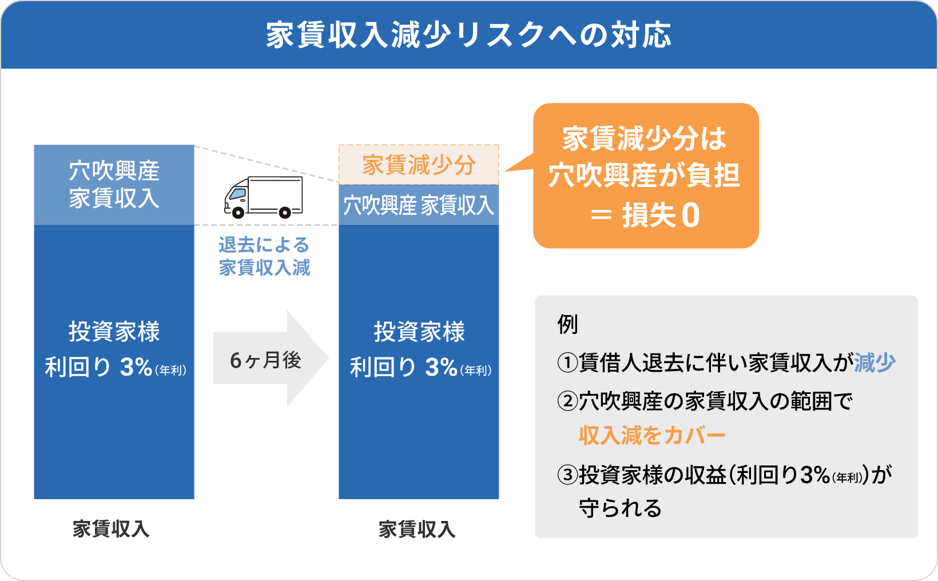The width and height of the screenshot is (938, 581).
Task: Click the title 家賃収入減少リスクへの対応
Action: (468, 35)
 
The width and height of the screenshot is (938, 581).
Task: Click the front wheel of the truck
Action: (238, 213)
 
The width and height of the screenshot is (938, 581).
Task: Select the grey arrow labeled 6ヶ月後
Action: (271, 359)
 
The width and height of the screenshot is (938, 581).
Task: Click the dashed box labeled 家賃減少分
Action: (418, 165)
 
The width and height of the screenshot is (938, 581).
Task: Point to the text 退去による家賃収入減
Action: (264, 256)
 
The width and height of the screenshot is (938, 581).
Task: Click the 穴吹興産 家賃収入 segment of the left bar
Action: (114, 185)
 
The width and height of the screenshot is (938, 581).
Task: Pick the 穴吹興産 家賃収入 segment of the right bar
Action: (418, 205)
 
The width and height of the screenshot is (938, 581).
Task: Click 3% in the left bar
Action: (136, 367)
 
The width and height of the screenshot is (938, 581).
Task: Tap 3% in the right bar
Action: (441, 367)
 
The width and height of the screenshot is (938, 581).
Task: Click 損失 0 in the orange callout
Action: (661, 216)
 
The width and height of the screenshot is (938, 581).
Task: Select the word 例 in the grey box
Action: (567, 324)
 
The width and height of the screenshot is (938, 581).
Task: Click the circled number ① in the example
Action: (567, 363)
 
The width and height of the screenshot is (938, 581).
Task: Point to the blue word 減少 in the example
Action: (875, 363)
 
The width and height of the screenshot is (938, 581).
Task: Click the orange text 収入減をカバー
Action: (652, 435)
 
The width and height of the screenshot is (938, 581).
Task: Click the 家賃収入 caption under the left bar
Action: (111, 529)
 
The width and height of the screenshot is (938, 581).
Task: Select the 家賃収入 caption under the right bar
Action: (417, 529)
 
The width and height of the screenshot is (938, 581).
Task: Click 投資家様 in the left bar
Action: (114, 332)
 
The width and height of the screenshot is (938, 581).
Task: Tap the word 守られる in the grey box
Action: (620, 508)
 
